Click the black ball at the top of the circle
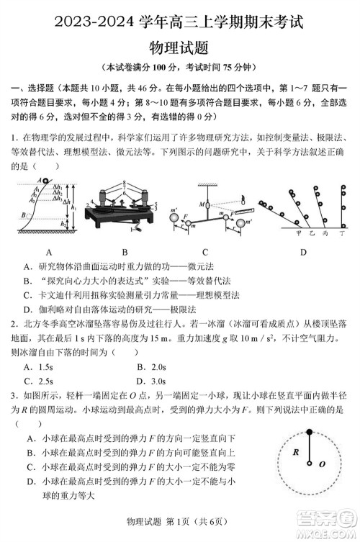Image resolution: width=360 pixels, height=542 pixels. (x=310, y=432)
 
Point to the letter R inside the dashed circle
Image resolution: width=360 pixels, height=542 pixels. (x=295, y=453)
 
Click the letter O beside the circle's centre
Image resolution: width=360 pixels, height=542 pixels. (x=322, y=464)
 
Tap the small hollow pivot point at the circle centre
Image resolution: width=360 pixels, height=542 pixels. (x=311, y=464)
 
